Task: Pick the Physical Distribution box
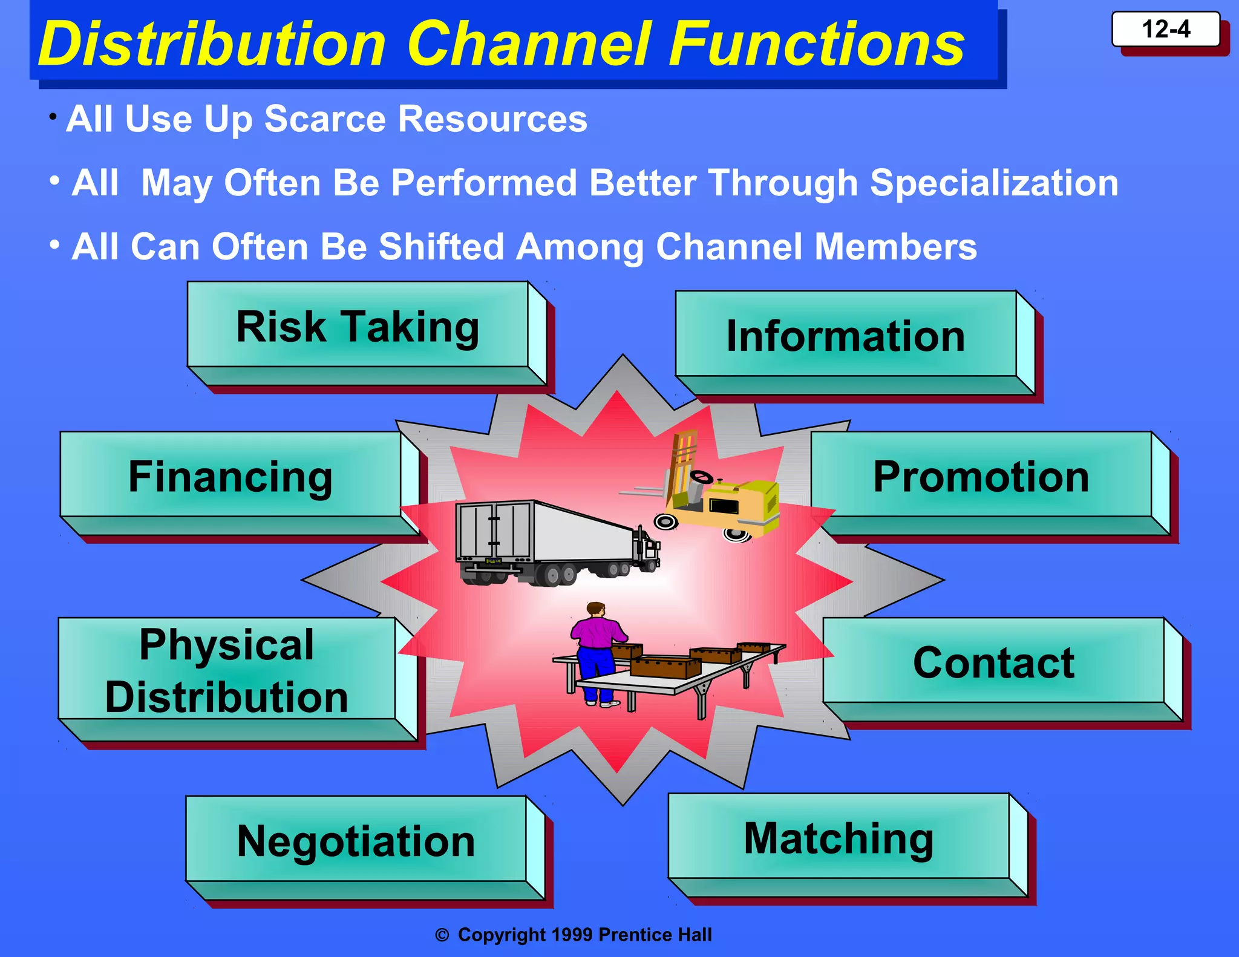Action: tap(227, 670)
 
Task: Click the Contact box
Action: tap(993, 662)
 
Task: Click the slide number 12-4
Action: tap(1165, 29)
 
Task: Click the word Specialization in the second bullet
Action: tap(994, 183)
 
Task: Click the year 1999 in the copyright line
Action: tap(572, 935)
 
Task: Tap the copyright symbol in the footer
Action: tap(442, 935)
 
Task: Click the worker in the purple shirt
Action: tap(596, 650)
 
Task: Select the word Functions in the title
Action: tap(817, 44)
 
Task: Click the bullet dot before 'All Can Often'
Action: tap(54, 245)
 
